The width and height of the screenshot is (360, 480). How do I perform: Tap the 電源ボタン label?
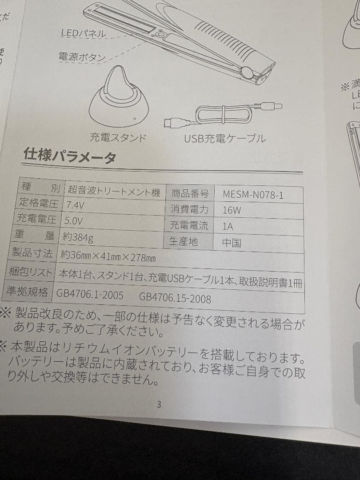click(x=82, y=56)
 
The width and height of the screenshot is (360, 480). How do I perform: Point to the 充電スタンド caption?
click(x=118, y=137)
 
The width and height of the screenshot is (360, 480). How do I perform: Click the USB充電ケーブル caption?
click(x=225, y=139)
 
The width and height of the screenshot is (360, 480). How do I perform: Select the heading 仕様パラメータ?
click(x=70, y=156)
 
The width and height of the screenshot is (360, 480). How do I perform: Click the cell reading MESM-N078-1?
click(x=253, y=194)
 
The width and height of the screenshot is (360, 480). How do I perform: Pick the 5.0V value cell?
click(x=74, y=221)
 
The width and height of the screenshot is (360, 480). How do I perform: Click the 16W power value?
click(x=232, y=210)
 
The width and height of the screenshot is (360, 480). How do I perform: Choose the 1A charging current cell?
click(x=228, y=226)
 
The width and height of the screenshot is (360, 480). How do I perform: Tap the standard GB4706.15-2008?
click(x=175, y=297)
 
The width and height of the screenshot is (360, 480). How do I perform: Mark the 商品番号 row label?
click(x=190, y=193)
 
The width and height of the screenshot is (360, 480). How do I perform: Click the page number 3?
click(x=159, y=404)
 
